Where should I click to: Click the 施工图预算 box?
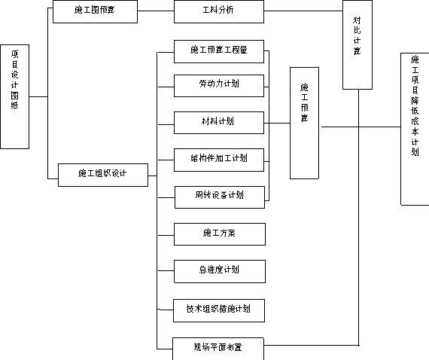click(x=95, y=11)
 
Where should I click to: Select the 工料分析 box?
click(x=219, y=11)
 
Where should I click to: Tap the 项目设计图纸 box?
click(x=15, y=96)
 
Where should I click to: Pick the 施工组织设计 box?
click(x=103, y=175)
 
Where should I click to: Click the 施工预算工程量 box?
click(x=219, y=51)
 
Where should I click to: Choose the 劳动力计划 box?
click(x=219, y=86)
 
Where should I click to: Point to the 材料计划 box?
click(x=219, y=123)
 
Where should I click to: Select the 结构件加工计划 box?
click(x=219, y=160)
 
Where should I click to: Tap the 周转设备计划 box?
click(x=220, y=197)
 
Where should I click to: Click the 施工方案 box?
click(x=220, y=234)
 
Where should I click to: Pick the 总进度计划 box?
click(x=220, y=271)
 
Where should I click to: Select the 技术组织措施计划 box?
click(x=219, y=310)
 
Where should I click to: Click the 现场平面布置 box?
click(x=218, y=349)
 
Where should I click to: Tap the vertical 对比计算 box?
click(x=357, y=44)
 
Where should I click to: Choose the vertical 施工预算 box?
click(x=304, y=124)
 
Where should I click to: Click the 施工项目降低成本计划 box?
click(x=415, y=129)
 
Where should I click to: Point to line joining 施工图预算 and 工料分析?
click(x=156, y=11)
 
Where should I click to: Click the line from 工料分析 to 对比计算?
click(x=303, y=11)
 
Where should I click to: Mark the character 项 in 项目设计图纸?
click(x=15, y=54)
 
